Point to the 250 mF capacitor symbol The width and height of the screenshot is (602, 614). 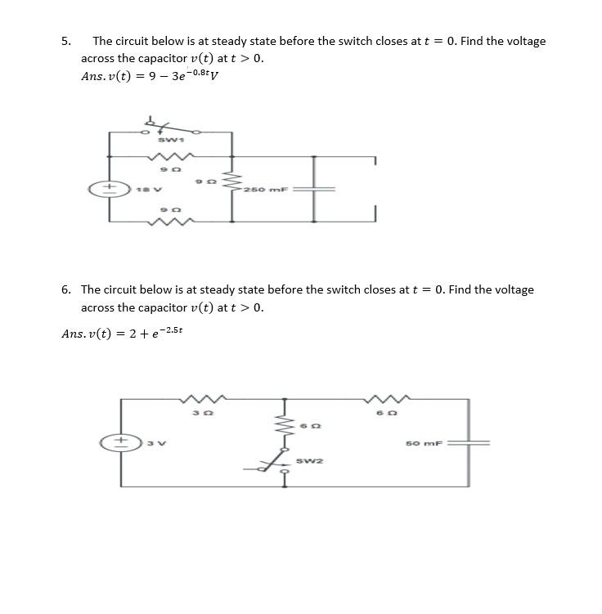[315, 189]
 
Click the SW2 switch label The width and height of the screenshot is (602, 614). [311, 461]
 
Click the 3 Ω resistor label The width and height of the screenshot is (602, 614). [197, 414]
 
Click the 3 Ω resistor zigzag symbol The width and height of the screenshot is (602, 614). [200, 399]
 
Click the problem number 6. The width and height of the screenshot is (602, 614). [65, 289]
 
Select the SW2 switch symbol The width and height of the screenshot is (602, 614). [271, 466]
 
